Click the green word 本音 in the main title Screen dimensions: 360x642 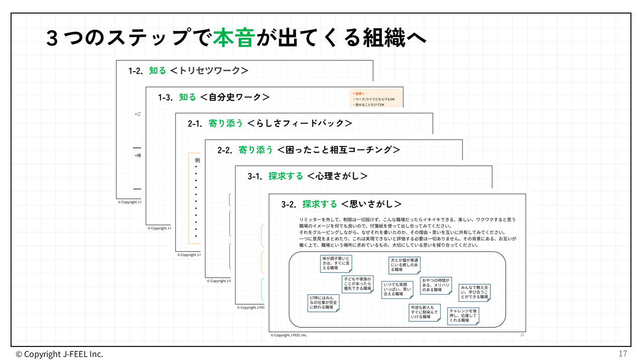234,38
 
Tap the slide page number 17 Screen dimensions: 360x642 622,353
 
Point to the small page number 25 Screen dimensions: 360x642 522,335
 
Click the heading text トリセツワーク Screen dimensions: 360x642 209,71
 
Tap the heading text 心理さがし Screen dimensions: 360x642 337,176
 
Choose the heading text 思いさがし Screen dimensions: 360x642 371,204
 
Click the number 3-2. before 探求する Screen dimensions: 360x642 290,204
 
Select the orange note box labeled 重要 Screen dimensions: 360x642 376,99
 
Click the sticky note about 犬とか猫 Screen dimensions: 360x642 404,265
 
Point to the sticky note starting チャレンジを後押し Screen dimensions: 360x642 463,316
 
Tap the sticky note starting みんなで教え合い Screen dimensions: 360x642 474,292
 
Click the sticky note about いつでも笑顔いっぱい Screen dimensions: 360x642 397,289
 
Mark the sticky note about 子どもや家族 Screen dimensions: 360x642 357,284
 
